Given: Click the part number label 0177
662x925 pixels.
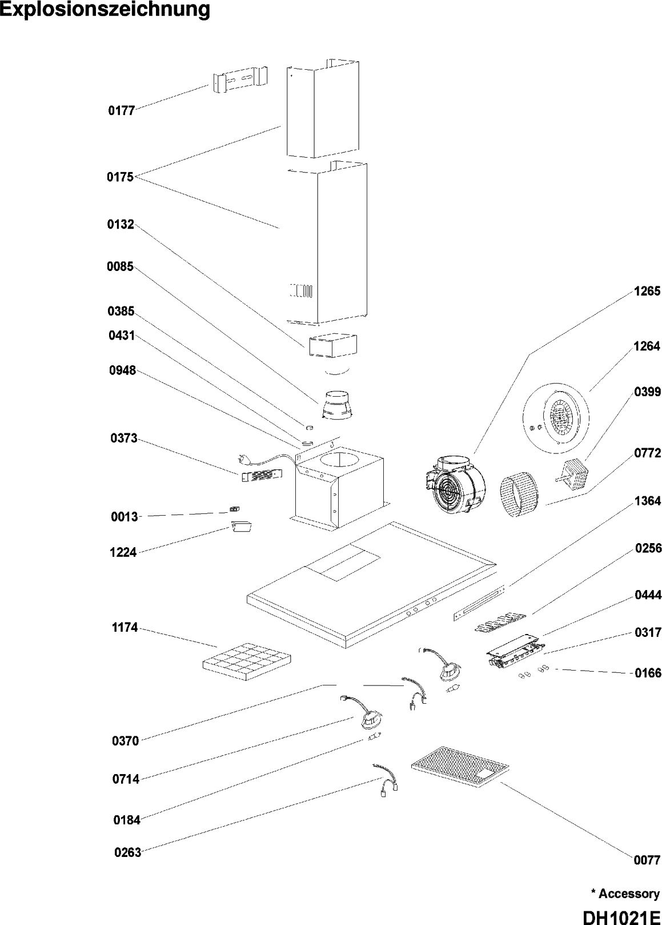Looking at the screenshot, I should [121, 110].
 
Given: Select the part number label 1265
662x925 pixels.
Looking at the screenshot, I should [647, 292].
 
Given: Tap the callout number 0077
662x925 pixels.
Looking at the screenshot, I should [647, 876].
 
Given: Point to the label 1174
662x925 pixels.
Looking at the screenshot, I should [125, 628].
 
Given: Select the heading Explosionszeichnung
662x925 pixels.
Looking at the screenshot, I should [105, 10].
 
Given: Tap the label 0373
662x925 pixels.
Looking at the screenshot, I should [124, 438].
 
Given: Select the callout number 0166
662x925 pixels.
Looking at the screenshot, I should [648, 673].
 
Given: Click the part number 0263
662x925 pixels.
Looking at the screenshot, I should [127, 852].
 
